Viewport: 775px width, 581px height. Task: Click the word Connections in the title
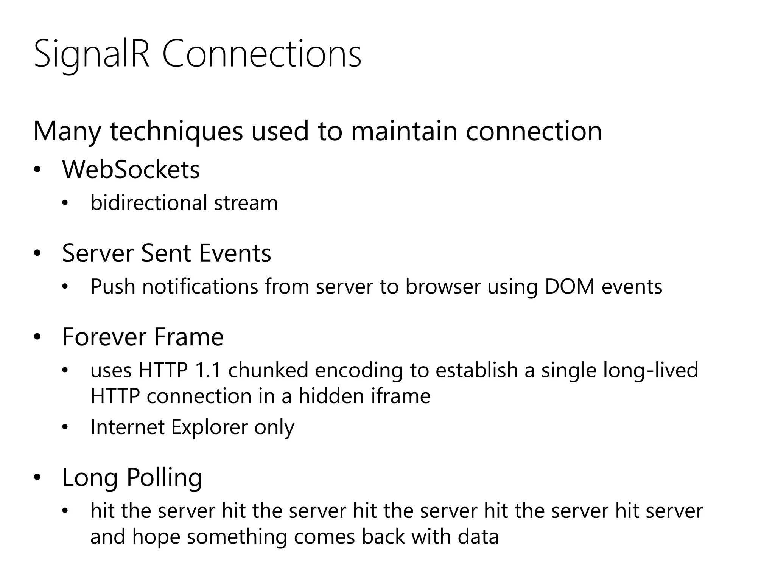point(262,55)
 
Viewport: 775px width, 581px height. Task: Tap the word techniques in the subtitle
point(176,131)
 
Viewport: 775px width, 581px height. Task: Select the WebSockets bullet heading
point(131,169)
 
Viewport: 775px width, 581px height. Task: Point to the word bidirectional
point(149,203)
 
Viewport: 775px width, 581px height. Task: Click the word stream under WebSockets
point(246,203)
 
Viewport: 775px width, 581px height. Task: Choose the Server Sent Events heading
point(167,253)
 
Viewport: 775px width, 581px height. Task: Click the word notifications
point(200,286)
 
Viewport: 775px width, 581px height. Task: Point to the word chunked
point(268,370)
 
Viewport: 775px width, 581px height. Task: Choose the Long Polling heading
point(132,478)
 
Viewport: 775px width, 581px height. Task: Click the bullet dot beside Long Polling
point(37,478)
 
